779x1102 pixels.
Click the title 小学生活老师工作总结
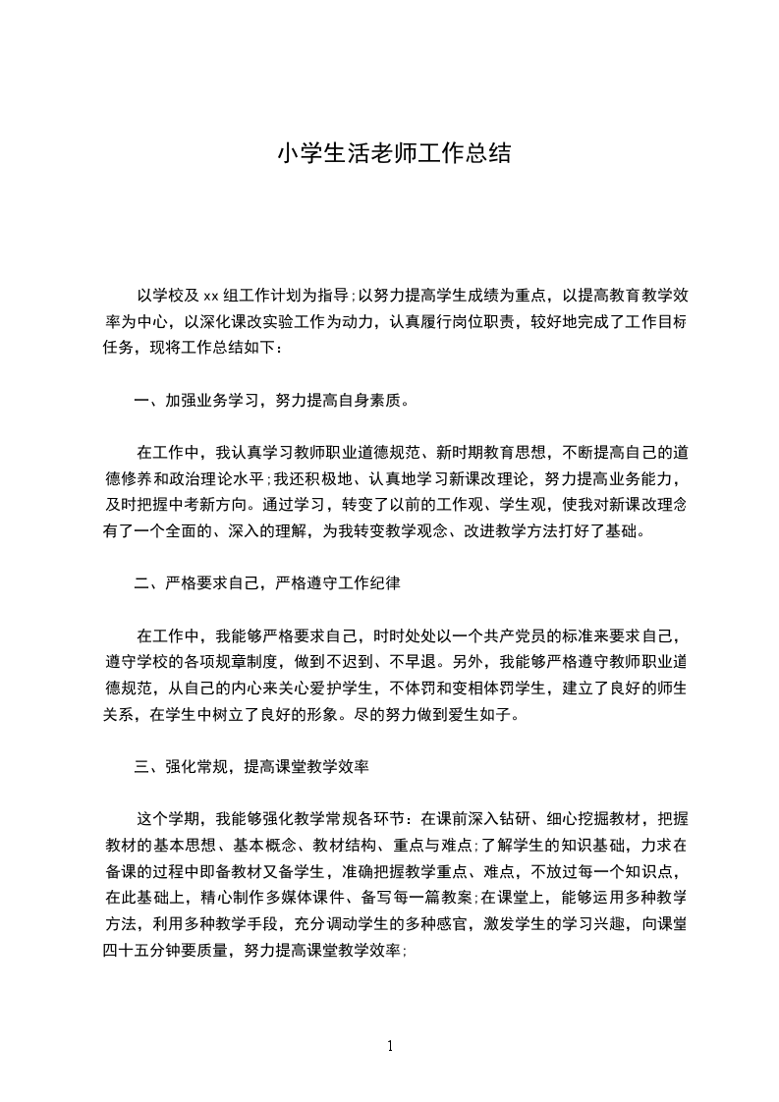393,154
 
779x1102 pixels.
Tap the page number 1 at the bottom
390,1045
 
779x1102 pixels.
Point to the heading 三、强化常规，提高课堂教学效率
250,766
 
